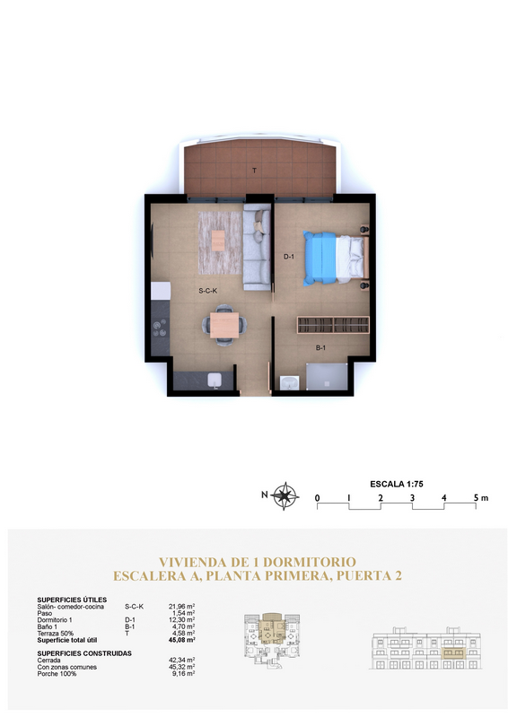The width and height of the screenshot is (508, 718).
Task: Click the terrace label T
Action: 254,171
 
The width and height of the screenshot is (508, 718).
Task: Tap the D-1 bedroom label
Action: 289,257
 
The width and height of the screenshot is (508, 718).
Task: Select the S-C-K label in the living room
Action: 207,290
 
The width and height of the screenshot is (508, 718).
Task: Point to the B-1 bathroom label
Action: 320,347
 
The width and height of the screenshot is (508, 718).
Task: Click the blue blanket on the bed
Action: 320,258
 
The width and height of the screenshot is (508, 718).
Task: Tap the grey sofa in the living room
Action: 257,248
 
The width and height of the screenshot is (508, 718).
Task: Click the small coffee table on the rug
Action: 218,241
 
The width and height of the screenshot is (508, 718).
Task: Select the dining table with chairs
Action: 224,325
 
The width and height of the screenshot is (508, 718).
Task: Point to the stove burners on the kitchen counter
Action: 160,328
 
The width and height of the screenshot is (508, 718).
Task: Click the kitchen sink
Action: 214,380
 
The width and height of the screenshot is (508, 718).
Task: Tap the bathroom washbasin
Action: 290,383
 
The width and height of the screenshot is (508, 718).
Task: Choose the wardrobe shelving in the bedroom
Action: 333,325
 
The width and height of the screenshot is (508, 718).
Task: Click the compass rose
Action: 285,496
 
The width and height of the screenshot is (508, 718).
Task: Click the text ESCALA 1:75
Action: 397,484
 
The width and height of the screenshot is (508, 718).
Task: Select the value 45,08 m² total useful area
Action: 182,640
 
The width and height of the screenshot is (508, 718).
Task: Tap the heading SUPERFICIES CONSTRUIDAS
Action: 84,653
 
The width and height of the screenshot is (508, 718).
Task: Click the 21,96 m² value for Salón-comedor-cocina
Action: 182,607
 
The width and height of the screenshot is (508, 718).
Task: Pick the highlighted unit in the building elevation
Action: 453,653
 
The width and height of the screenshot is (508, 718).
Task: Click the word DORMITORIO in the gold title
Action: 311,562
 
